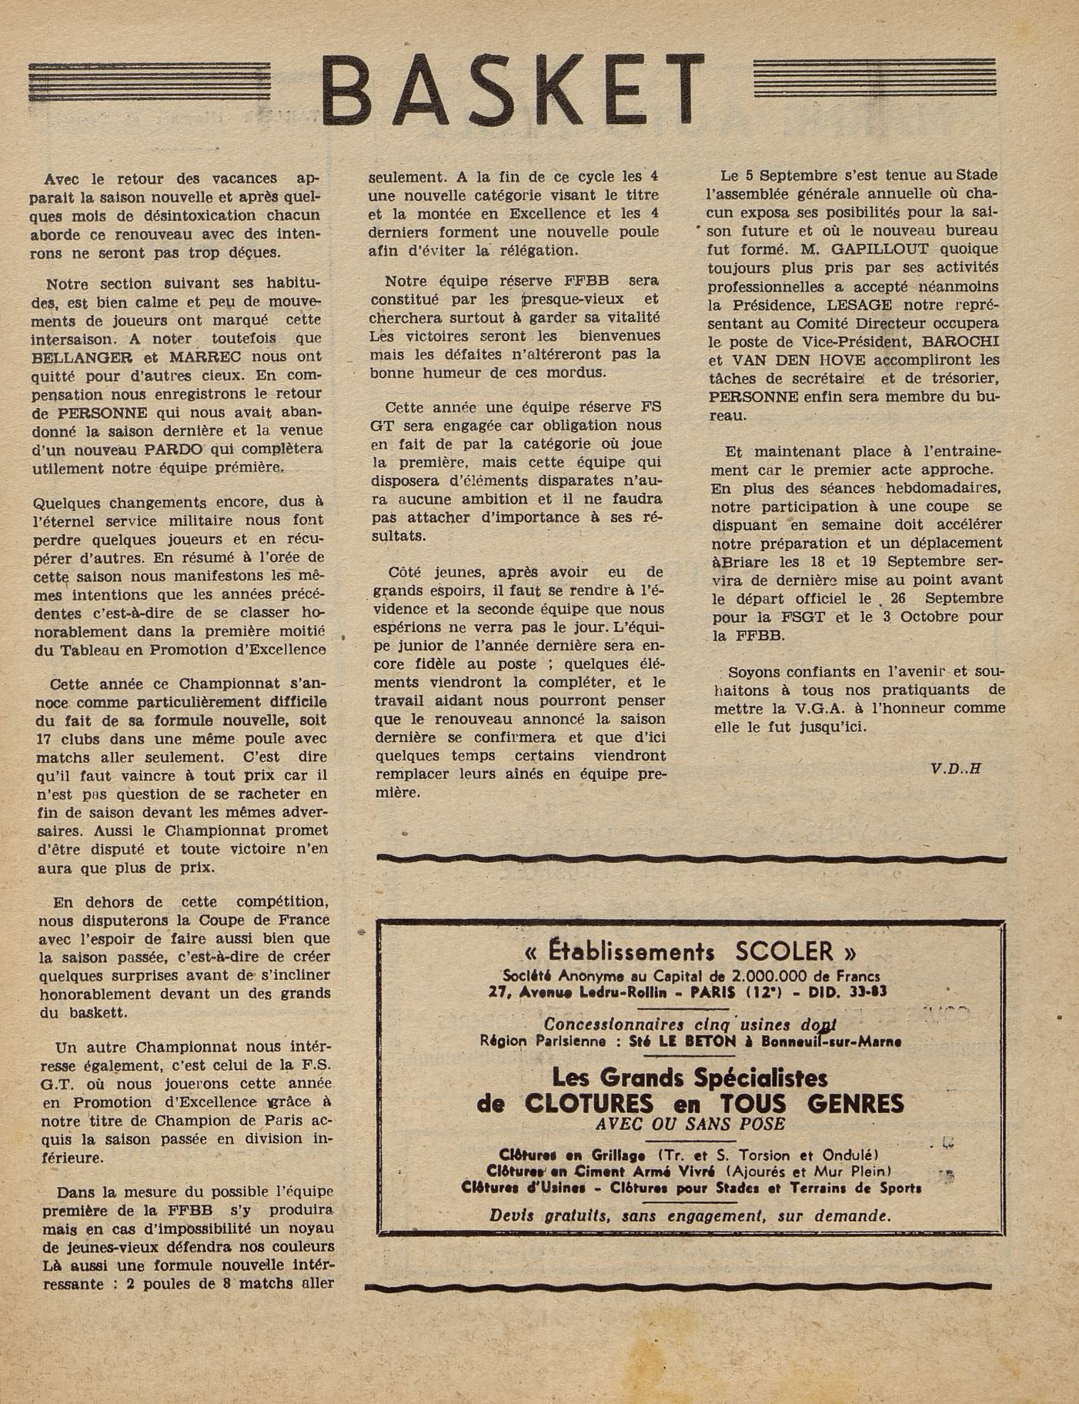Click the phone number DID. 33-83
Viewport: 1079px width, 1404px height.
849,991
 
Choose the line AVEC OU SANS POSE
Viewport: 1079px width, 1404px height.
690,1124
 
